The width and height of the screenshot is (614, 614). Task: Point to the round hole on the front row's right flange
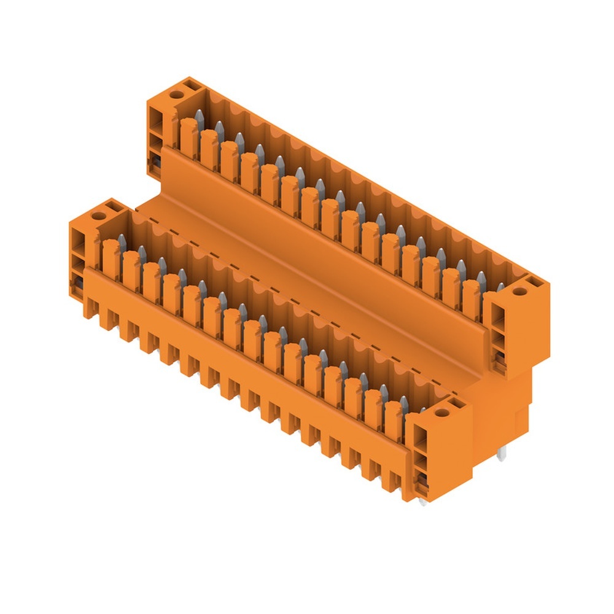tap(439, 413)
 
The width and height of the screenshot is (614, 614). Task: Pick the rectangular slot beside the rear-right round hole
tap(531, 283)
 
